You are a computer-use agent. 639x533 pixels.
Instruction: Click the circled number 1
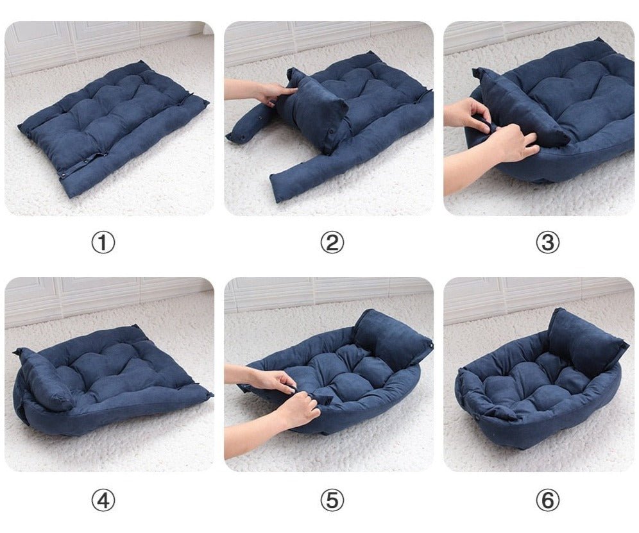[103, 242]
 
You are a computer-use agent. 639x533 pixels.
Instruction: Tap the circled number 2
[332, 242]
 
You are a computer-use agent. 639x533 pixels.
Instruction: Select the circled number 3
[547, 242]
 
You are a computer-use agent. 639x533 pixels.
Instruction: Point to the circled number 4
[103, 500]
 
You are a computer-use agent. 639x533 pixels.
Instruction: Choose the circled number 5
[332, 500]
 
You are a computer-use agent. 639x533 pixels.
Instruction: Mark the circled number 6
[547, 500]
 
